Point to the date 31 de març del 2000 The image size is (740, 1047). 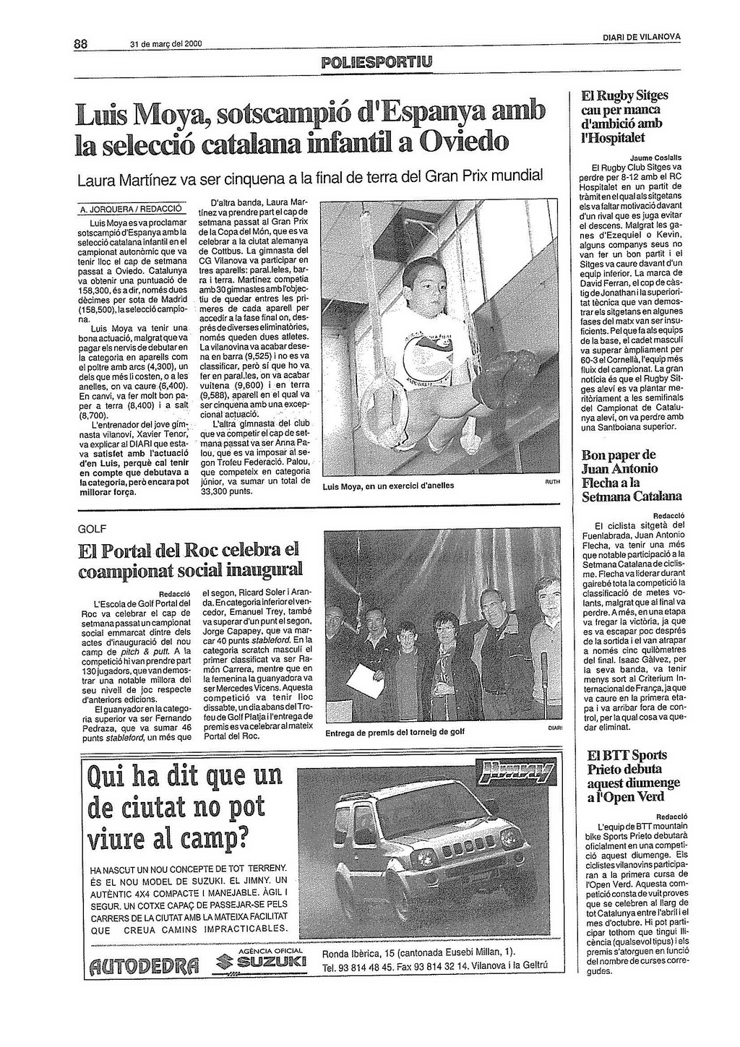165,44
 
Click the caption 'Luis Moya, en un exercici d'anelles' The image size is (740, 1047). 388,486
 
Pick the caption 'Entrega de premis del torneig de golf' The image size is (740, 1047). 395,732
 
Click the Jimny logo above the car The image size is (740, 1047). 517,774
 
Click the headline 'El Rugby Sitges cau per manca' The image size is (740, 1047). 625,103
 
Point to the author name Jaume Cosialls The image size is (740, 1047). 656,157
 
